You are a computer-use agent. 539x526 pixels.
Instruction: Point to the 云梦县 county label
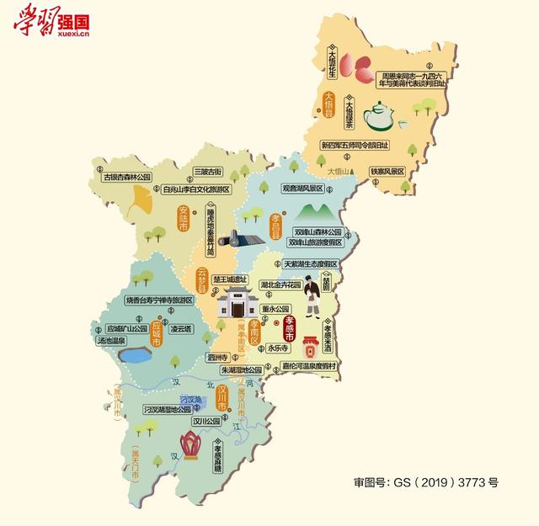(x=201, y=278)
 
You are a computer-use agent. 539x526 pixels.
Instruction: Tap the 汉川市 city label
(x=222, y=396)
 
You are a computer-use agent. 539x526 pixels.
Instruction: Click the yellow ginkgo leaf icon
(x=138, y=199)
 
